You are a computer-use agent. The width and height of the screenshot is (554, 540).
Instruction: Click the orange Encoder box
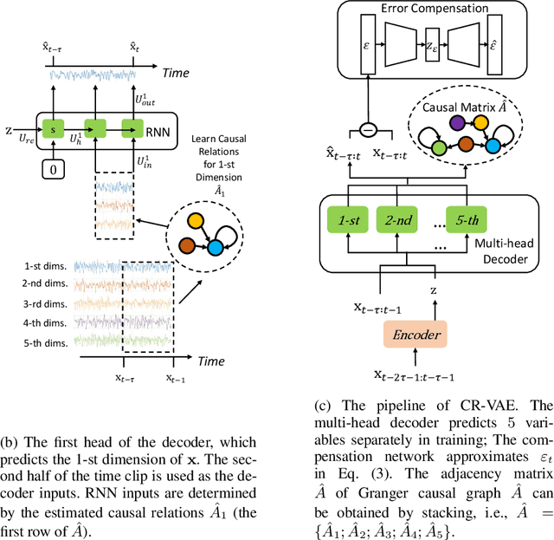point(415,334)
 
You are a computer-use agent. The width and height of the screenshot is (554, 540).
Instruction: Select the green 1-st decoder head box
point(348,220)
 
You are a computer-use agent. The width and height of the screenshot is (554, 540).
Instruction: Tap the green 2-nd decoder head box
point(396,220)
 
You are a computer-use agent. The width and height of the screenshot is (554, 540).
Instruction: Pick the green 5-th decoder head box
point(467,220)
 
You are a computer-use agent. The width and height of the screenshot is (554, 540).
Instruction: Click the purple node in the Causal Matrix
point(458,123)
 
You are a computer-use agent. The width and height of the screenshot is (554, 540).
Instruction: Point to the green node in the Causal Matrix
point(439,147)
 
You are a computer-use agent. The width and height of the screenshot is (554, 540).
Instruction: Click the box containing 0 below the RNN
point(54,169)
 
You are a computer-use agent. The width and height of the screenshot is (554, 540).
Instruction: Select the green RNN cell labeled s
point(53,128)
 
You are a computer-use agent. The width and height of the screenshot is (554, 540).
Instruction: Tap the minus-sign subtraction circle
point(368,130)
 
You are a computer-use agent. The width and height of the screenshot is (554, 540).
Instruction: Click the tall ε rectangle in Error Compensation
point(368,44)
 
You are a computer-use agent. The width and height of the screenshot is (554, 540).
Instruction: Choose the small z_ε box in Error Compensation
point(432,44)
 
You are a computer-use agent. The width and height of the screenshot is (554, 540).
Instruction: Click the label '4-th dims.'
point(45,323)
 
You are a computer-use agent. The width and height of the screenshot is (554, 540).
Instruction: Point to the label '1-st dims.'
point(46,266)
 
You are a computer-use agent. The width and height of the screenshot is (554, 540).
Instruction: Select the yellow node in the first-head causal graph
point(196,221)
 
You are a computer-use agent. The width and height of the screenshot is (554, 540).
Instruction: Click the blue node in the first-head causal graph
point(216,247)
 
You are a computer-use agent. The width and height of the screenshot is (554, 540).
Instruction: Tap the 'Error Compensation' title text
point(435,8)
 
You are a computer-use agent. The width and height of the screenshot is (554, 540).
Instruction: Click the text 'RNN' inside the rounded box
point(158,132)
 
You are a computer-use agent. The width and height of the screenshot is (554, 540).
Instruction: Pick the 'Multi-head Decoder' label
point(505,251)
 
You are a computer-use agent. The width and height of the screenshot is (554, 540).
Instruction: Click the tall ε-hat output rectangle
point(494,44)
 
